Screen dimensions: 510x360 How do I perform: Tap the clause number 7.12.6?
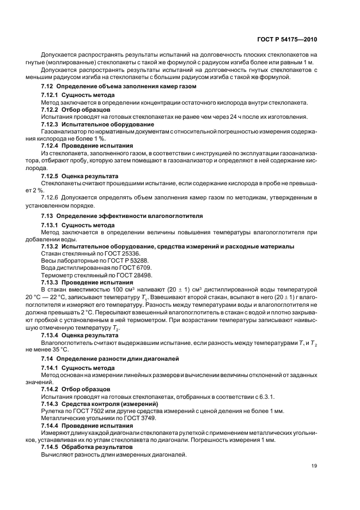52,198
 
